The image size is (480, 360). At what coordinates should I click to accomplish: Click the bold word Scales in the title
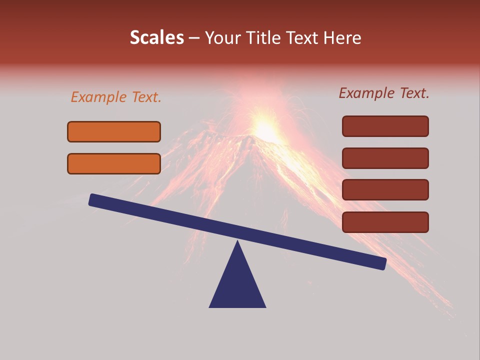coord(156,38)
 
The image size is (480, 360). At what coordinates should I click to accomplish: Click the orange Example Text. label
coord(116,97)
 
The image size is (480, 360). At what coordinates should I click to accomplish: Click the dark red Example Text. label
coord(384,93)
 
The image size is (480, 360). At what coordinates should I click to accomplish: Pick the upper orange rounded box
coord(114,131)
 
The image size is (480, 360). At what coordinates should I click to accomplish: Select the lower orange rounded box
coord(114,163)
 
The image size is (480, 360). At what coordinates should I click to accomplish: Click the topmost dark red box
coord(385,126)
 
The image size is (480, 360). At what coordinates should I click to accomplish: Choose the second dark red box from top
coord(385,158)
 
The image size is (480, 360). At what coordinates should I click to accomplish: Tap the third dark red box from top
coord(385,190)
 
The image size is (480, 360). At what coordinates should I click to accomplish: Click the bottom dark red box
coord(385,222)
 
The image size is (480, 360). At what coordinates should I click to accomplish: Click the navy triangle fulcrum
coord(237,287)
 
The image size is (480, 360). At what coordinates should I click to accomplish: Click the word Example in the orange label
coord(99,97)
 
